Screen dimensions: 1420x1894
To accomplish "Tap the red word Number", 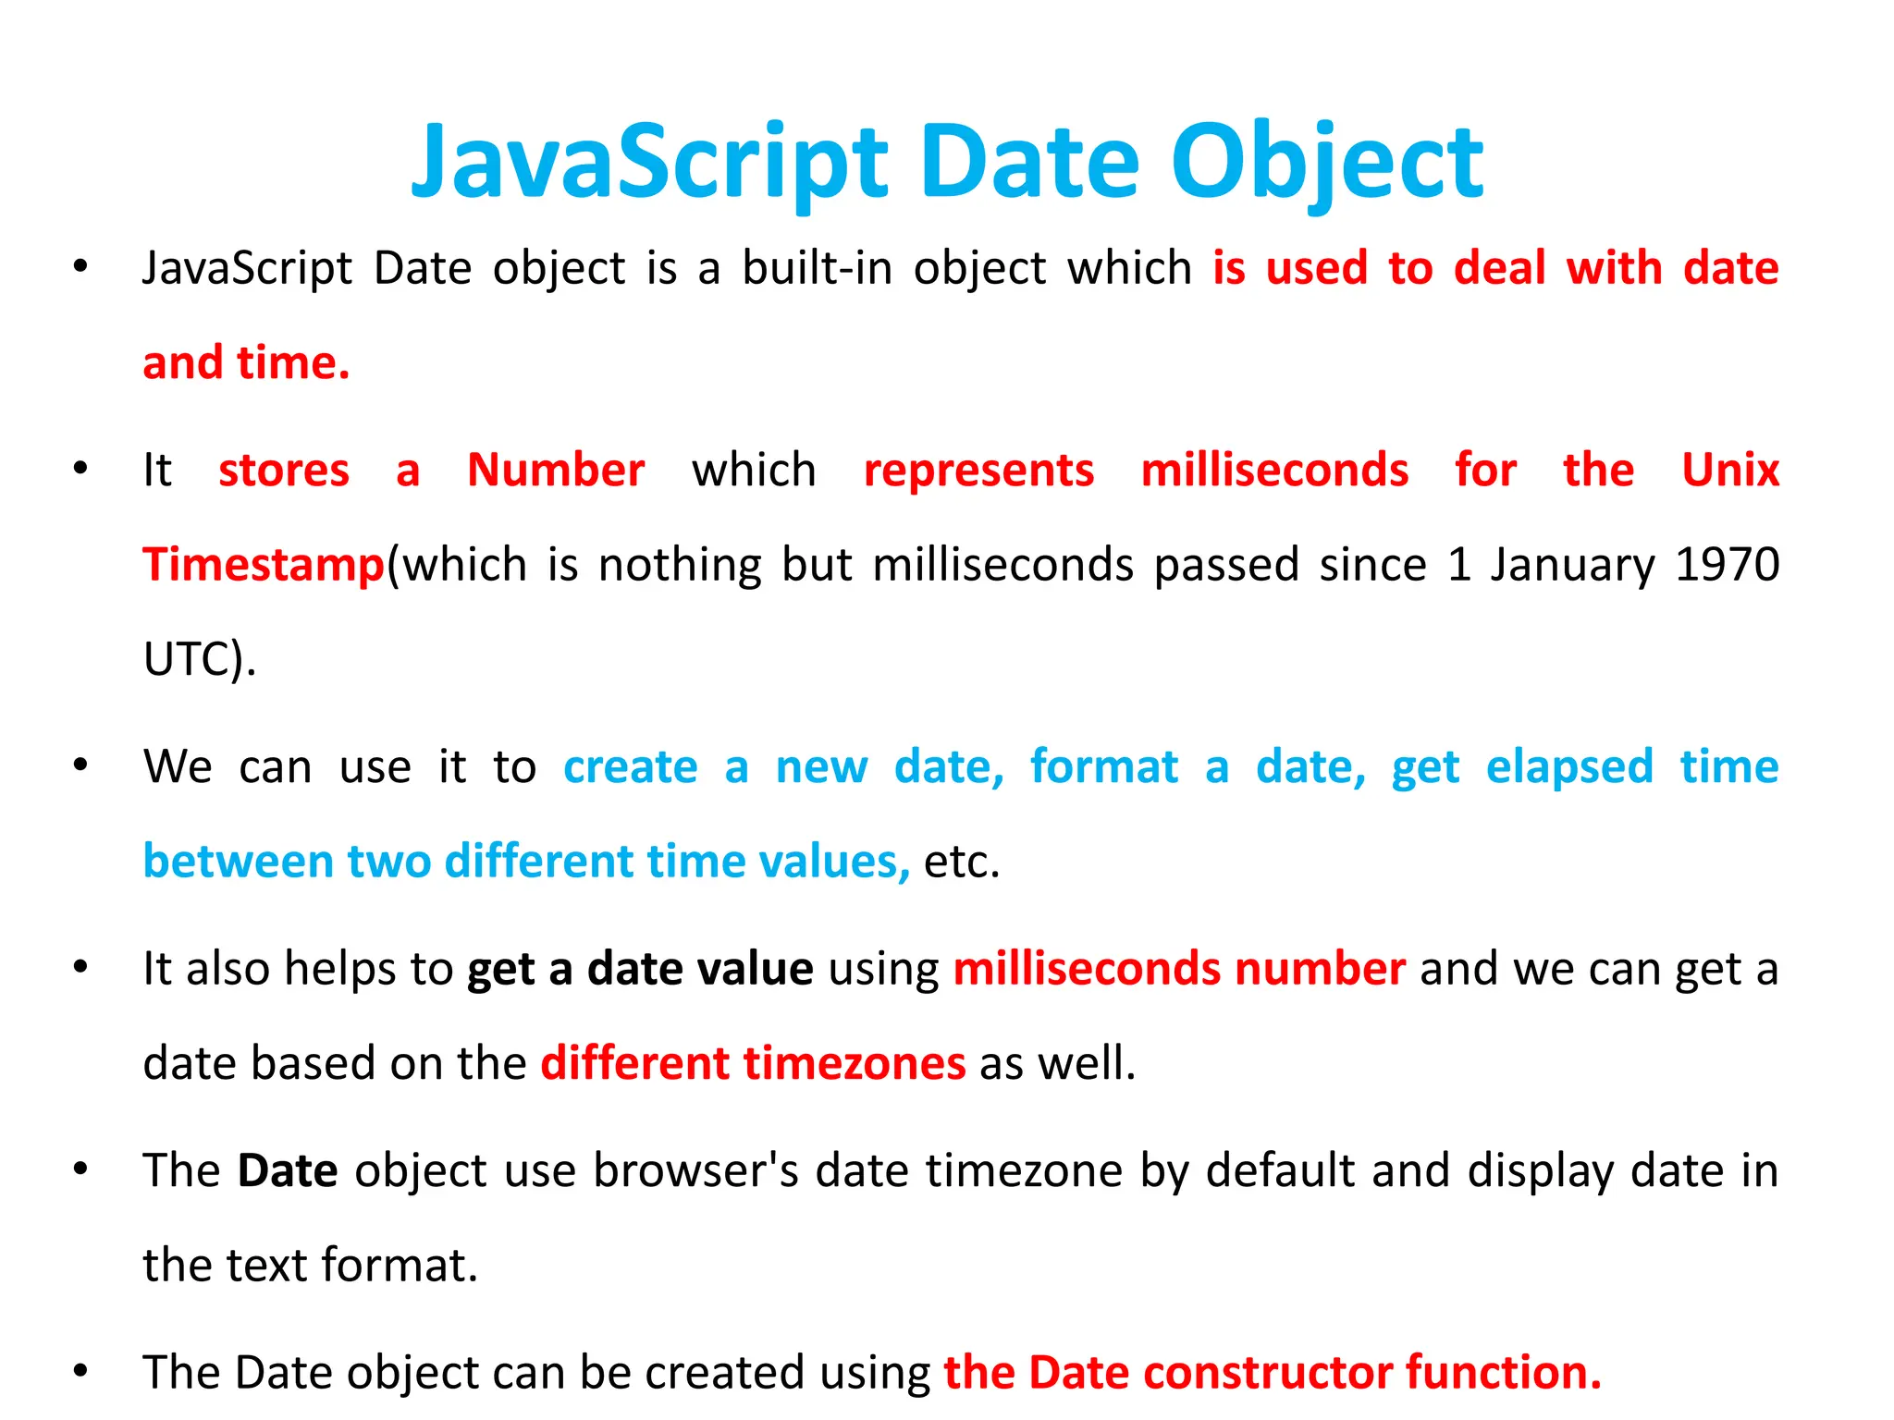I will point(556,471).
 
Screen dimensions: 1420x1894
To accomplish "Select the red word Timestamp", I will point(264,565).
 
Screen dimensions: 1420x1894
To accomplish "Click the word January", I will point(1572,565).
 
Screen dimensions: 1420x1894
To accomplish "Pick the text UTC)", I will point(200,659).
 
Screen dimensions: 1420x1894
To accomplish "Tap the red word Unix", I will point(1730,471).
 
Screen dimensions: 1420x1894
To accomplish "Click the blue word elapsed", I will point(1569,767).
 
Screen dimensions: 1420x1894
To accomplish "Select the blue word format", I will point(1104,767).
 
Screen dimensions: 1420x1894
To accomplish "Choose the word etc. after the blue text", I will point(962,862).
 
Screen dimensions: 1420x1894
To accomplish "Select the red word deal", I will point(1499,269).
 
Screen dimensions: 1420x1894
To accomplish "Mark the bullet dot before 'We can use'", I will point(81,765).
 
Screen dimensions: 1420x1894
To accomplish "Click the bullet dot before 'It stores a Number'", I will point(81,469).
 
